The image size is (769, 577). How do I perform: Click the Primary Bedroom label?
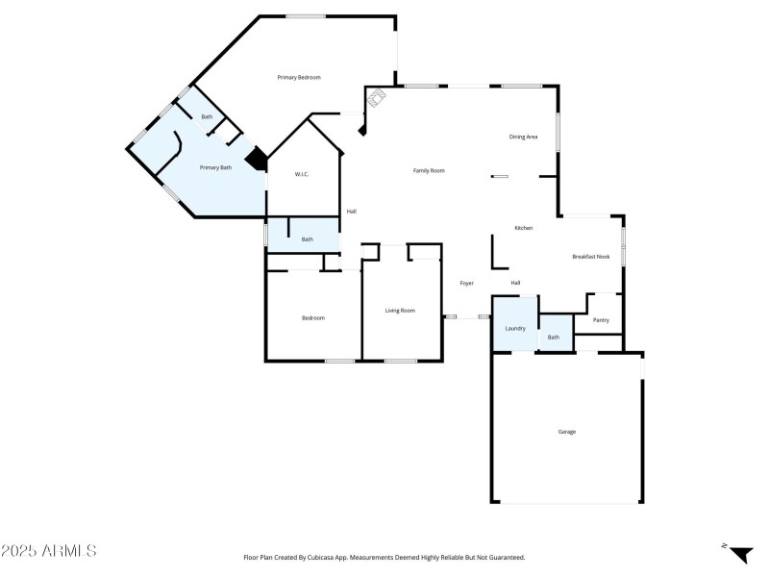click(x=298, y=77)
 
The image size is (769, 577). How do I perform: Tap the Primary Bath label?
click(x=215, y=168)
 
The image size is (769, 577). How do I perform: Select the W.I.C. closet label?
click(x=300, y=174)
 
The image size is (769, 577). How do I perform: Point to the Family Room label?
click(x=429, y=171)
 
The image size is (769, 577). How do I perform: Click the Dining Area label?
click(x=523, y=138)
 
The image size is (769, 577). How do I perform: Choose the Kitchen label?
click(x=524, y=228)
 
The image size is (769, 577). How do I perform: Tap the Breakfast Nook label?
click(x=591, y=257)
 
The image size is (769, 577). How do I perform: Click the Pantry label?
click(x=601, y=320)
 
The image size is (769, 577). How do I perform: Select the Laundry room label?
click(x=515, y=328)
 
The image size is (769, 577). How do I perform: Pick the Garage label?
click(x=567, y=432)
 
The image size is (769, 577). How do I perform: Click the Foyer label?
click(x=466, y=284)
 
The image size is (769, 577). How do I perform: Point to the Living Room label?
click(x=400, y=311)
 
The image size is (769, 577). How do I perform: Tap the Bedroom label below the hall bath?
click(x=313, y=318)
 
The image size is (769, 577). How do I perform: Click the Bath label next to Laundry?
click(x=554, y=338)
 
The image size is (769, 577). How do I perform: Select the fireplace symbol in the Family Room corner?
click(x=378, y=96)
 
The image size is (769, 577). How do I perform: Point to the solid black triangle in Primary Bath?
click(x=257, y=159)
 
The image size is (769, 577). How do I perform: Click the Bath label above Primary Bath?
click(x=207, y=118)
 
